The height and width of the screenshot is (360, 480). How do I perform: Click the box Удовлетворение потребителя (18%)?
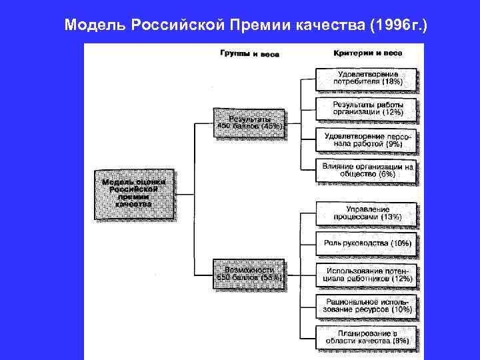[x=367, y=78]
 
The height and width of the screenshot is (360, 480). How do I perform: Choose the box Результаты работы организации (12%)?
[x=367, y=109]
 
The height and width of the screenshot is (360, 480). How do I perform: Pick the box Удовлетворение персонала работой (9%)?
[x=367, y=139]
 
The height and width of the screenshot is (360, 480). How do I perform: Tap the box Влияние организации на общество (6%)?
[x=367, y=170]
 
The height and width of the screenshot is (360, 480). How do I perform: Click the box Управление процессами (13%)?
[x=367, y=213]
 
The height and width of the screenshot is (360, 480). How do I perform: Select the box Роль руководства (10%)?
[x=367, y=243]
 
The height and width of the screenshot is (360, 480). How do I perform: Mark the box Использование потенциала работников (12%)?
[x=367, y=274]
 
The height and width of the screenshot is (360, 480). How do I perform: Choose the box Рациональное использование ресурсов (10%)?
[x=367, y=305]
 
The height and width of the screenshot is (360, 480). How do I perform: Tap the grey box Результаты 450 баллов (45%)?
[x=249, y=123]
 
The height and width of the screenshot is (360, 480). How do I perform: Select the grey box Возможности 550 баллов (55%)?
[x=249, y=274]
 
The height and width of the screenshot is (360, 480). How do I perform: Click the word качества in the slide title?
[x=319, y=26]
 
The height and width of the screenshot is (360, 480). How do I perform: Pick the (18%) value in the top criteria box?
[x=389, y=82]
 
